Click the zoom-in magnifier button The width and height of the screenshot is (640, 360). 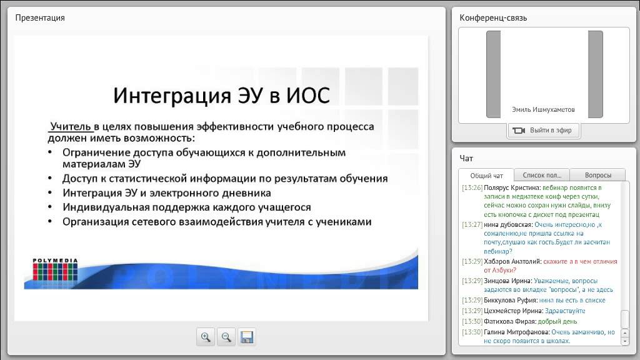click(x=205, y=337)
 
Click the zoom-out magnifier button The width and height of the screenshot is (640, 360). click(x=226, y=337)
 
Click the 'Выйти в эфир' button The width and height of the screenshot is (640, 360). click(x=544, y=130)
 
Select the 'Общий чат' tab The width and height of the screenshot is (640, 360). click(x=486, y=176)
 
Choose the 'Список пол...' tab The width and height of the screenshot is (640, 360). click(x=541, y=176)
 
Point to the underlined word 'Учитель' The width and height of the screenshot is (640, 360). click(x=71, y=127)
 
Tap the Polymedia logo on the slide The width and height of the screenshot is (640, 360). click(x=55, y=271)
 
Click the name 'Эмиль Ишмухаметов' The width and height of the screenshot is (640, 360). click(x=543, y=110)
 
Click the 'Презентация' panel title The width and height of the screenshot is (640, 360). click(x=40, y=17)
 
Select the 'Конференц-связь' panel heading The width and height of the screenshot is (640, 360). click(x=493, y=17)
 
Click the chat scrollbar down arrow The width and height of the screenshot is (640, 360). click(x=624, y=341)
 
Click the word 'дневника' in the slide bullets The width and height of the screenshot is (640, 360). click(x=248, y=193)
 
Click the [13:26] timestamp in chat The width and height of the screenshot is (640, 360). click(x=471, y=187)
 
